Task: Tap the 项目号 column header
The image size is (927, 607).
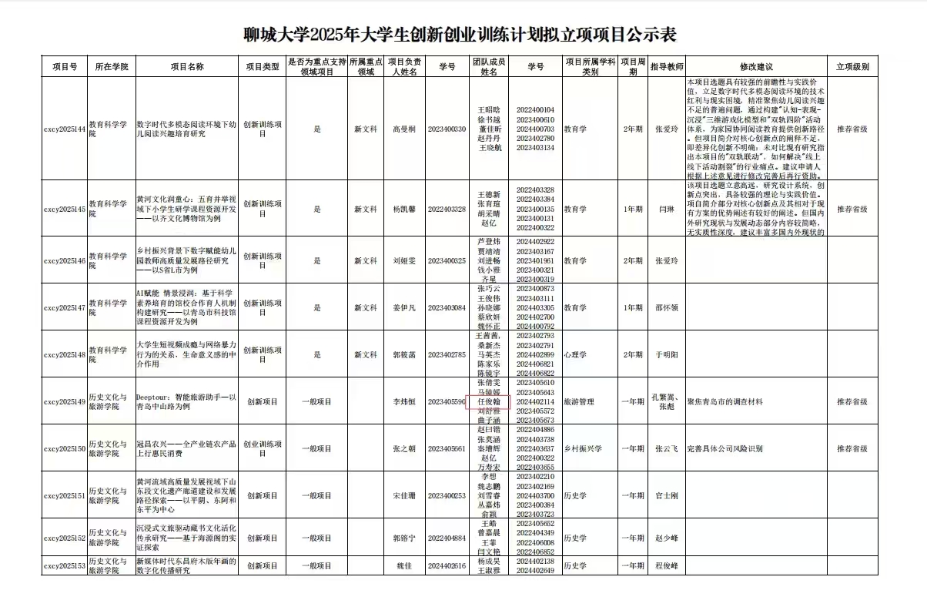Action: [65, 67]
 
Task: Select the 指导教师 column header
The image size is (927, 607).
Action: [666, 67]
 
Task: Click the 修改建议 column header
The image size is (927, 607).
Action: [755, 67]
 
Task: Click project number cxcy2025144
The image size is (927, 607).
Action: [65, 129]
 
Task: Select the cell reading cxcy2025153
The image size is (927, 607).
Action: [65, 566]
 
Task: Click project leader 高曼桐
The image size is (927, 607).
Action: [404, 129]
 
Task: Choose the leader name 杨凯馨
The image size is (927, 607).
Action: [404, 209]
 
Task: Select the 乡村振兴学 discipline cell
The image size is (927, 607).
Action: [582, 448]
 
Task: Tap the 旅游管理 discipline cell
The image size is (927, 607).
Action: [580, 401]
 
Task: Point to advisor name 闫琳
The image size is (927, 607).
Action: [666, 209]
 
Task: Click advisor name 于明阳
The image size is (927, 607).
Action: [666, 355]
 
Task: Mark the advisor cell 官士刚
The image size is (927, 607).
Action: [666, 495]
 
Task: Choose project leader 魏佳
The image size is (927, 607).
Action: [404, 566]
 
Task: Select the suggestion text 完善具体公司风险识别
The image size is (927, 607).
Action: [725, 448]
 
